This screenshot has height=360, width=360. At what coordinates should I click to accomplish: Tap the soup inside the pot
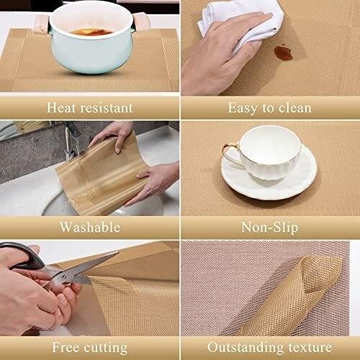91,32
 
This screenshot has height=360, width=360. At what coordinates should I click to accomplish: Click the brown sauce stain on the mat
283,53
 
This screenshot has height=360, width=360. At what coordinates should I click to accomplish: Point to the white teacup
266,152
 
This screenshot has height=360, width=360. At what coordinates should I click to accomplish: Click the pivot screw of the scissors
64,276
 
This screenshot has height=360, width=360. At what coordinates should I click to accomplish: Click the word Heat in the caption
60,107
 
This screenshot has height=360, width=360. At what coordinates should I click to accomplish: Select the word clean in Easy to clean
294,108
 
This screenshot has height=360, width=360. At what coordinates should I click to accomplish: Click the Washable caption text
90,227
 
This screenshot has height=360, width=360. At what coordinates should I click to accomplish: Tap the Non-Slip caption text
269,228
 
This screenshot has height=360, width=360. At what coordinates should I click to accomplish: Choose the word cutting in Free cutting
105,348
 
